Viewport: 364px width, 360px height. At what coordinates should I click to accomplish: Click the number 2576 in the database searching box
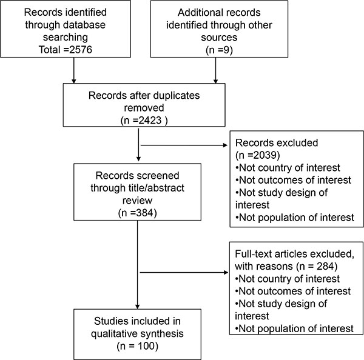point(81,50)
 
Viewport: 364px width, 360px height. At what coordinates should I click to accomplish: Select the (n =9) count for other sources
point(219,50)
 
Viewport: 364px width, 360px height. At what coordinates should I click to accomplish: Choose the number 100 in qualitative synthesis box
point(146,346)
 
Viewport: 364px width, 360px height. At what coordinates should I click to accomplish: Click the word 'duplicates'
point(177,96)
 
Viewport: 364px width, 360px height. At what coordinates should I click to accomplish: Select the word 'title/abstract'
point(156,188)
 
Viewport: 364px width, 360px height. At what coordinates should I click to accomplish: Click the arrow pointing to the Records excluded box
point(184,145)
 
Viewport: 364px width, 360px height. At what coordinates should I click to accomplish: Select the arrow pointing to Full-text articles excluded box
point(184,272)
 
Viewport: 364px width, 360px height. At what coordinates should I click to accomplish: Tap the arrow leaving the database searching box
point(74,70)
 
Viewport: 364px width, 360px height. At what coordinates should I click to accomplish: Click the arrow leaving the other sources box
point(215,70)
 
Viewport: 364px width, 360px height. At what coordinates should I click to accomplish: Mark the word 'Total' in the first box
point(49,50)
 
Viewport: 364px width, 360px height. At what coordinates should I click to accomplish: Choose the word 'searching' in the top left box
point(66,38)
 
